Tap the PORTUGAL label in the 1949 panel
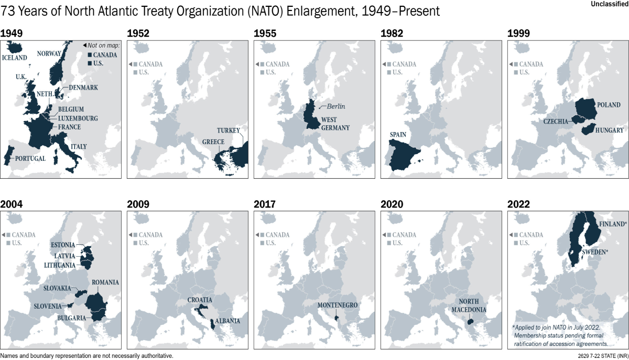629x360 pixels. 31,158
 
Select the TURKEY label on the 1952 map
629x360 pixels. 228,130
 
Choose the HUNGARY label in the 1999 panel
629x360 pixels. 609,130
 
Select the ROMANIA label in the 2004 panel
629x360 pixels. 105,282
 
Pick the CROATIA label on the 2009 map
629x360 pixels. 199,300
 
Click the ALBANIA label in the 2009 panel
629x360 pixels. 227,321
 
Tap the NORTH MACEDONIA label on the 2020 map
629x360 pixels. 469,306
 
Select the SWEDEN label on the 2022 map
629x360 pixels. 594,252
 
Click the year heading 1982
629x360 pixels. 392,34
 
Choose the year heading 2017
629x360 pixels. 265,204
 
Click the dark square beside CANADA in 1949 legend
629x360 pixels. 90,54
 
